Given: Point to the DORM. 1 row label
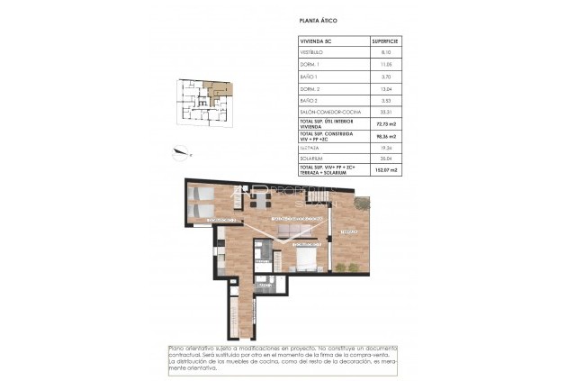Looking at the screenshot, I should point(310,66).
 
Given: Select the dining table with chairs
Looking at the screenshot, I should point(262,202).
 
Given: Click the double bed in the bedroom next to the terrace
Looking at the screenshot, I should point(306,258).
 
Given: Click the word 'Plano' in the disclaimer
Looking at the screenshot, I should point(178,349).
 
